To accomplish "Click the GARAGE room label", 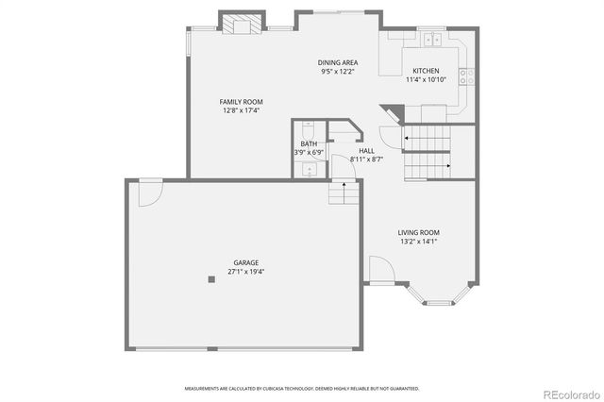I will (246, 262).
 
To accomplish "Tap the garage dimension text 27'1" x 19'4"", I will (246, 272).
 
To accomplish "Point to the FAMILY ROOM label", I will (241, 102).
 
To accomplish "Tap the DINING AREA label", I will (337, 62).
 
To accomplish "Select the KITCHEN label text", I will (426, 71).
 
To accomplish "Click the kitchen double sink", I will (434, 40).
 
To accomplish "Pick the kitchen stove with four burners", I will (465, 77).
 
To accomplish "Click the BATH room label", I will (309, 144).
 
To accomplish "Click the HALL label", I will (366, 150).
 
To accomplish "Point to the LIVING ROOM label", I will (418, 232).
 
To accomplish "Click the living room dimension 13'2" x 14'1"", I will (418, 242).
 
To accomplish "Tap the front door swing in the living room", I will (380, 274).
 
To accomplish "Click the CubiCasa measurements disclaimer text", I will (302, 388).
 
